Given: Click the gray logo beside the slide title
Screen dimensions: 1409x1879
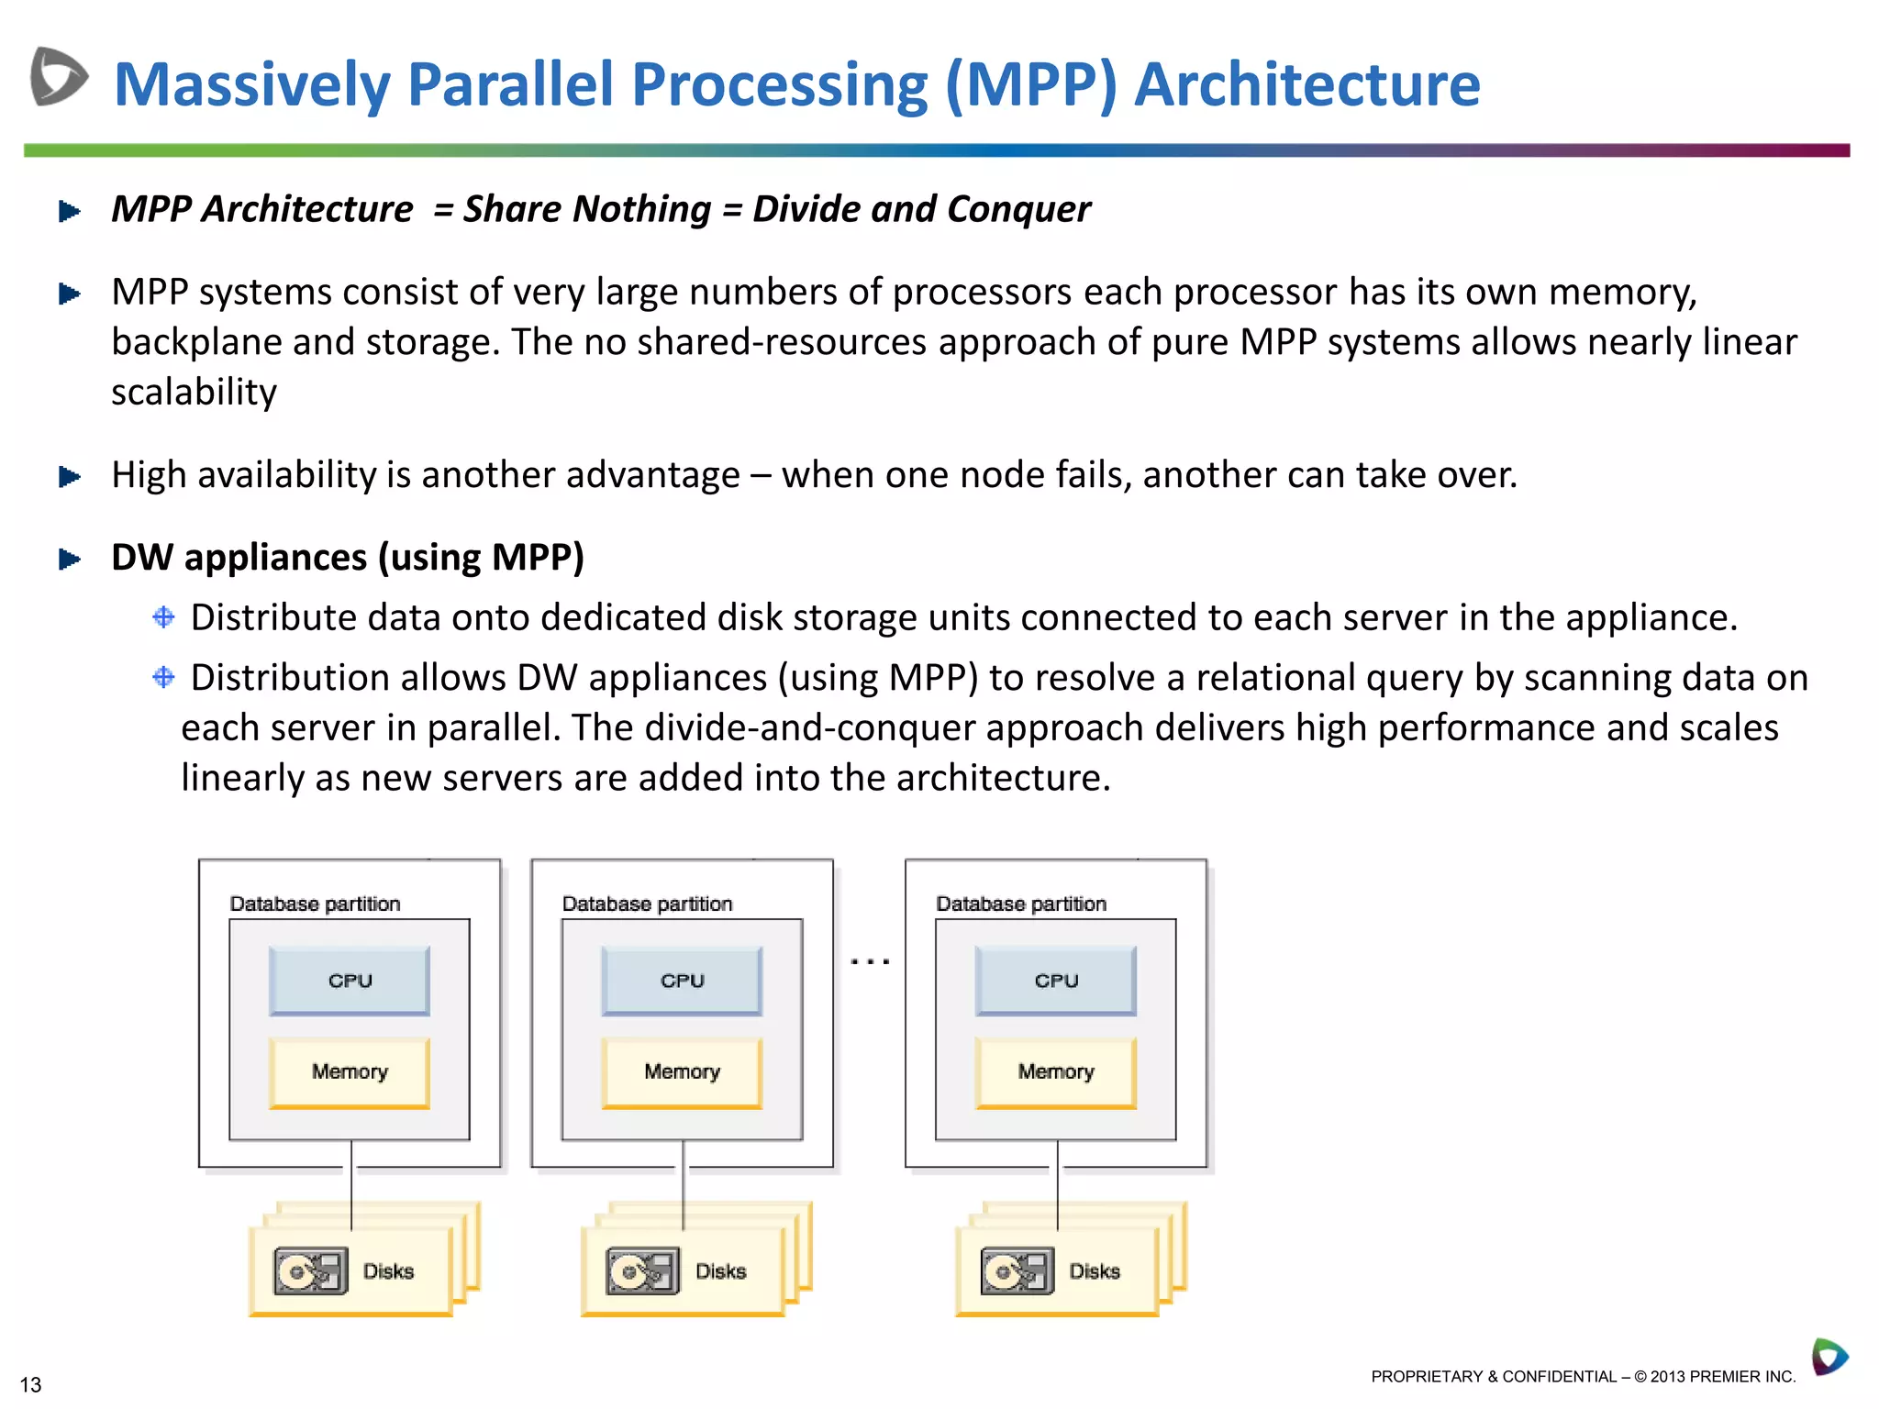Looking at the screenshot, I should [59, 76].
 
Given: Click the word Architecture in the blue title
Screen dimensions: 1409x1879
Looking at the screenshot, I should [1306, 84].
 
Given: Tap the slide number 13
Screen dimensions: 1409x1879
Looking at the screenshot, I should [30, 1384].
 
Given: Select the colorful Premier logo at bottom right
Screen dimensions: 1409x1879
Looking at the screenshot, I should [1829, 1357].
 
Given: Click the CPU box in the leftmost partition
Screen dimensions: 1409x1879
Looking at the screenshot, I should [350, 981].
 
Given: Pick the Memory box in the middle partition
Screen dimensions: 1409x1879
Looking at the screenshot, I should [682, 1071].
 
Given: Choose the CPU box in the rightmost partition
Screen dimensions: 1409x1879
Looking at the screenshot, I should [1056, 981].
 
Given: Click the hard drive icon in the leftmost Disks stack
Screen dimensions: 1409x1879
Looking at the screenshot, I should [311, 1271].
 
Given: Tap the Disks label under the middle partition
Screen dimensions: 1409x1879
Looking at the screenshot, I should [720, 1271].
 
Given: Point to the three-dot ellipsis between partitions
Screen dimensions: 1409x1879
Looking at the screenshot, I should [869, 961].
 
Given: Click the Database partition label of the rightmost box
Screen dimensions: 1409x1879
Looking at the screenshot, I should [1020, 904].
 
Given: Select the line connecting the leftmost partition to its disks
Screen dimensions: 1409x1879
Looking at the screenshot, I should [351, 1183].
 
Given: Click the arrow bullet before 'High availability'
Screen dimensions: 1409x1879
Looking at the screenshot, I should [70, 477].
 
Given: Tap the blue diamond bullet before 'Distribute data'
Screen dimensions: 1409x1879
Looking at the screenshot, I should [163, 617].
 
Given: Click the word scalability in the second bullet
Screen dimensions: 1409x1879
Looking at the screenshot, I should [194, 393].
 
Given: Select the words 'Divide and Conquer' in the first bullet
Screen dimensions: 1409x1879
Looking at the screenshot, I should [921, 209].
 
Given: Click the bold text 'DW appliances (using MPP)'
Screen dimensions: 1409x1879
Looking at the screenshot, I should [348, 558].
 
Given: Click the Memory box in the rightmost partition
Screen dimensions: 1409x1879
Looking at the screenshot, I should [1056, 1071].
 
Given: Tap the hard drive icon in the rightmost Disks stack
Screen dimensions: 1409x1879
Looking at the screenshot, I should [1017, 1271].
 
